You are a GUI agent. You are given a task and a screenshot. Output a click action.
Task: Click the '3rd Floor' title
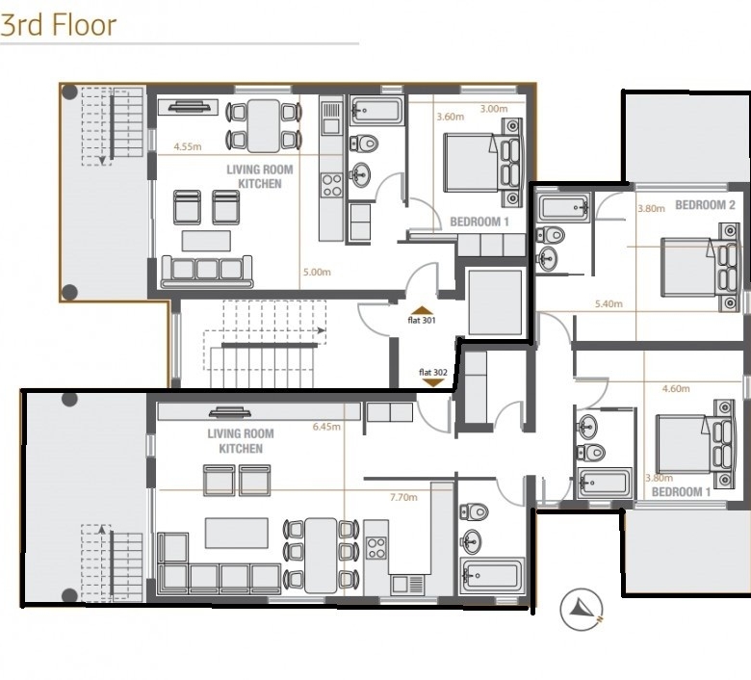59,25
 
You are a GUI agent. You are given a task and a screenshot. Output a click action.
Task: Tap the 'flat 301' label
422,320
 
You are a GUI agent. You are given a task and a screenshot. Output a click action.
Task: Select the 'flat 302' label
433,373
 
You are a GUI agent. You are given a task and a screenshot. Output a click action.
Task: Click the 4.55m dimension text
188,146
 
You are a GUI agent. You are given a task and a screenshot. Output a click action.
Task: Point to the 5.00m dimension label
317,273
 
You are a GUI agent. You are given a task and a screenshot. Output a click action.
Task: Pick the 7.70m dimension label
403,497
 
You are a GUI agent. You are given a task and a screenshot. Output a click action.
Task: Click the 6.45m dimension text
326,427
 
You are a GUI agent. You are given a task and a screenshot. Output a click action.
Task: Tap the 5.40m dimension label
609,303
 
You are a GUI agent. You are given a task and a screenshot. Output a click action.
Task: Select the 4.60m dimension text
676,388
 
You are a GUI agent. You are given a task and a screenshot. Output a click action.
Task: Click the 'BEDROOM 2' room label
705,205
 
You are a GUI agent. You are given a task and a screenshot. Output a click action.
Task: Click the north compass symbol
582,609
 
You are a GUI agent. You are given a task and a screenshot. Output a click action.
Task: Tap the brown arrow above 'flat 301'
422,310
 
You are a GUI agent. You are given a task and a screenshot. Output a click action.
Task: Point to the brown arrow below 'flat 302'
433,382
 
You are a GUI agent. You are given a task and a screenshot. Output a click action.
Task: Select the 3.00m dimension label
494,109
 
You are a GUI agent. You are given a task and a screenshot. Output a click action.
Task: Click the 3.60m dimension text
451,117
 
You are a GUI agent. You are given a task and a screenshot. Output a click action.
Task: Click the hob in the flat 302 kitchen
375,548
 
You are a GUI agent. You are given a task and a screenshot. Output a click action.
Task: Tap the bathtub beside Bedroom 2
564,208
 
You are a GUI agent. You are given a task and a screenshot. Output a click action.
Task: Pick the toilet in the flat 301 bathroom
364,144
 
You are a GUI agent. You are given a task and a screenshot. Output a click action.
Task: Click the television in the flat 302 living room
231,412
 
